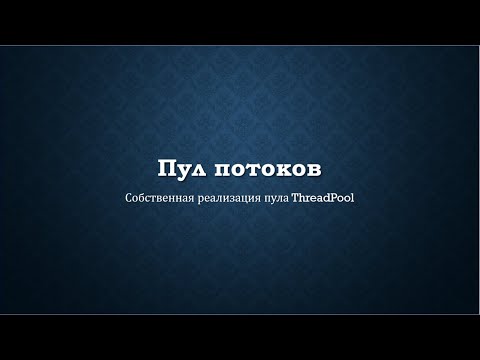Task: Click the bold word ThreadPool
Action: tap(323, 197)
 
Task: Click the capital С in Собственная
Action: tap(129, 197)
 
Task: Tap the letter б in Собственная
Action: tap(141, 197)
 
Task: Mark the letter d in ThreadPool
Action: tap(324, 197)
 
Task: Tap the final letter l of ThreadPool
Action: tap(353, 197)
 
